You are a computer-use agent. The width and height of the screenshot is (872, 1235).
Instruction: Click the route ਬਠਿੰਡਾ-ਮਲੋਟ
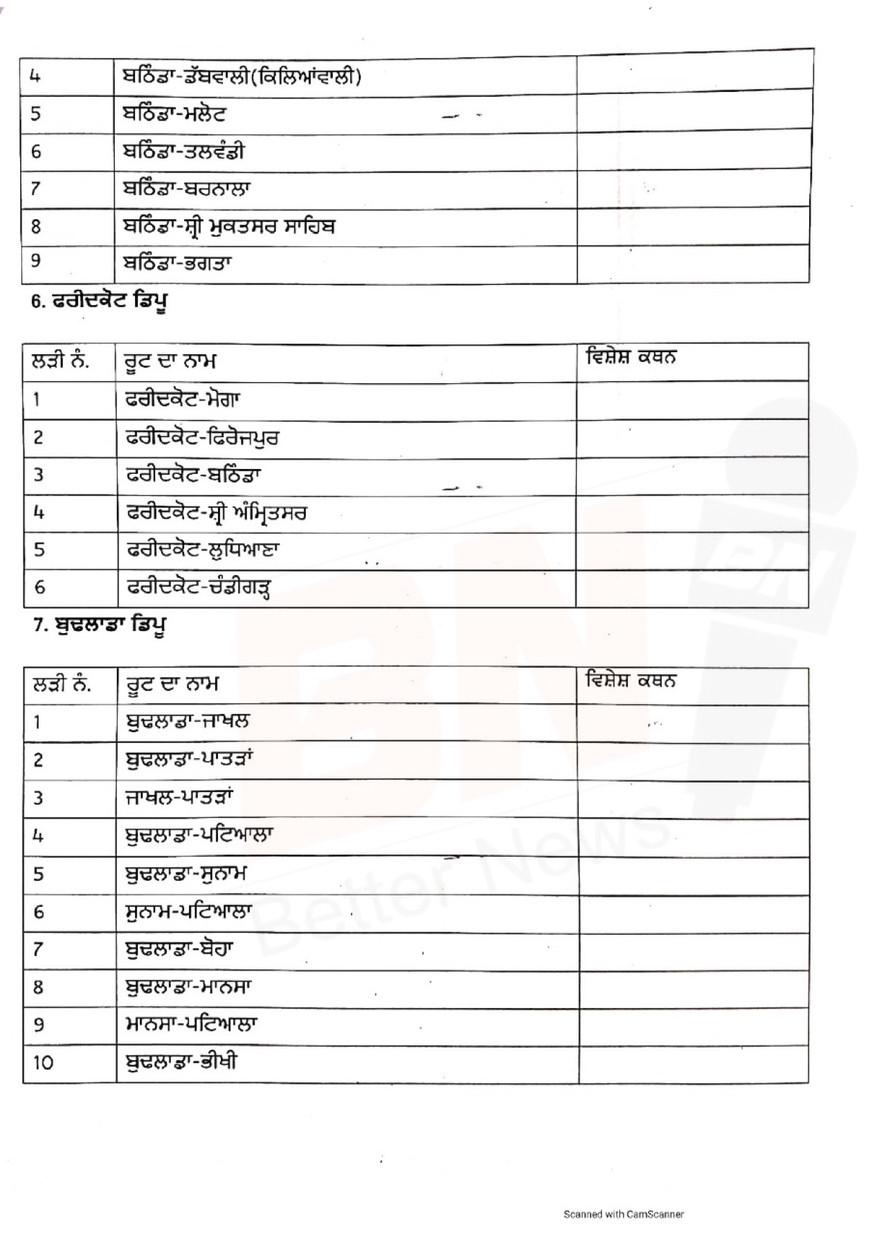[174, 113]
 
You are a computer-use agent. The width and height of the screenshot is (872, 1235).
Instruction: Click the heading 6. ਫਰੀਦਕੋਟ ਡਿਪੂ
[100, 302]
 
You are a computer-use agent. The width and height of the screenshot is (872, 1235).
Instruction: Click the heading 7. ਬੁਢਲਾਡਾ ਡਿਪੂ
[100, 625]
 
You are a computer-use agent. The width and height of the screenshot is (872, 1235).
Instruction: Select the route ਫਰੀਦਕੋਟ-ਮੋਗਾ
[183, 399]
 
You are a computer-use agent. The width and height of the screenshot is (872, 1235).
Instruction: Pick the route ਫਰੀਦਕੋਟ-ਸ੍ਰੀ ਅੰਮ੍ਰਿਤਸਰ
[217, 513]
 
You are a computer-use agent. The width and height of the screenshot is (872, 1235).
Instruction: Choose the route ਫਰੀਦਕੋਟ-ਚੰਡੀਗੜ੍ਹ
[199, 588]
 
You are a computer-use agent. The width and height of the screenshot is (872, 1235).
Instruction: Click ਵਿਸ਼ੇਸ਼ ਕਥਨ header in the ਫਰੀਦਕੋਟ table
[630, 358]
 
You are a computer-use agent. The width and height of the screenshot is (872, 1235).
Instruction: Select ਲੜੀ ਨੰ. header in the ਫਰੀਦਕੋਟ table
[61, 360]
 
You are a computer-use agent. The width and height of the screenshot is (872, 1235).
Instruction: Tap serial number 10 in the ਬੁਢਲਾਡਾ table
[43, 1063]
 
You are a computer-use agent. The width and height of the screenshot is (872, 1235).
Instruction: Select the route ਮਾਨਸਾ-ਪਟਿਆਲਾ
[192, 1023]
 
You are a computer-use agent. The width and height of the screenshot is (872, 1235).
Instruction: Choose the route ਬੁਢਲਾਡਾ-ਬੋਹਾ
[179, 949]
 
